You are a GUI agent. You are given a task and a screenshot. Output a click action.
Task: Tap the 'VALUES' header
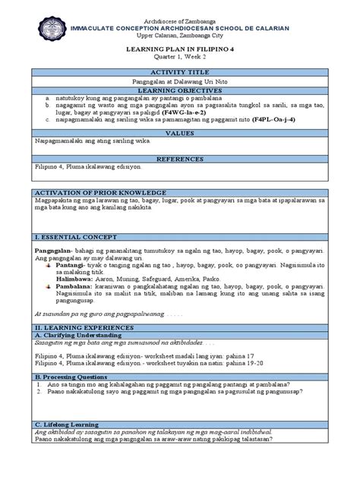(180, 131)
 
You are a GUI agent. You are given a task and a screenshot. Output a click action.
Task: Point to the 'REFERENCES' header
(180, 159)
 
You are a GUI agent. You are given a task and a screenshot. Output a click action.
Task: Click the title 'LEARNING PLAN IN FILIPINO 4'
(180, 46)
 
